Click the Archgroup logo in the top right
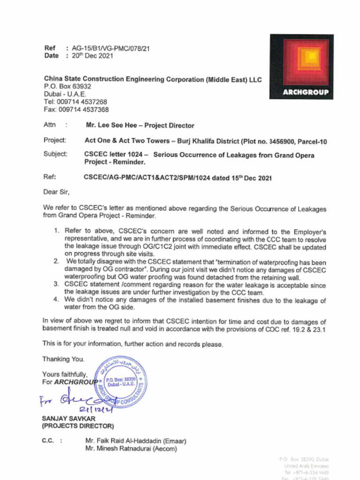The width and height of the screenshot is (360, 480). click(x=301, y=66)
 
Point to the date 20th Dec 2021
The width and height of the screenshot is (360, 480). click(x=92, y=56)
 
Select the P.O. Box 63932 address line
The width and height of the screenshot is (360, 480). click(x=67, y=87)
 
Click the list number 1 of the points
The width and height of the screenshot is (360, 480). click(x=56, y=231)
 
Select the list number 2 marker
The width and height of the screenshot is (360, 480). click(x=56, y=261)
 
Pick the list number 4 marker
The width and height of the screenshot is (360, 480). click(x=56, y=299)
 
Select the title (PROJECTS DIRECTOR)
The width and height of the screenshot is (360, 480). click(x=78, y=426)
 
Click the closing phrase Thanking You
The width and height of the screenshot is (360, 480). click(x=63, y=359)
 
